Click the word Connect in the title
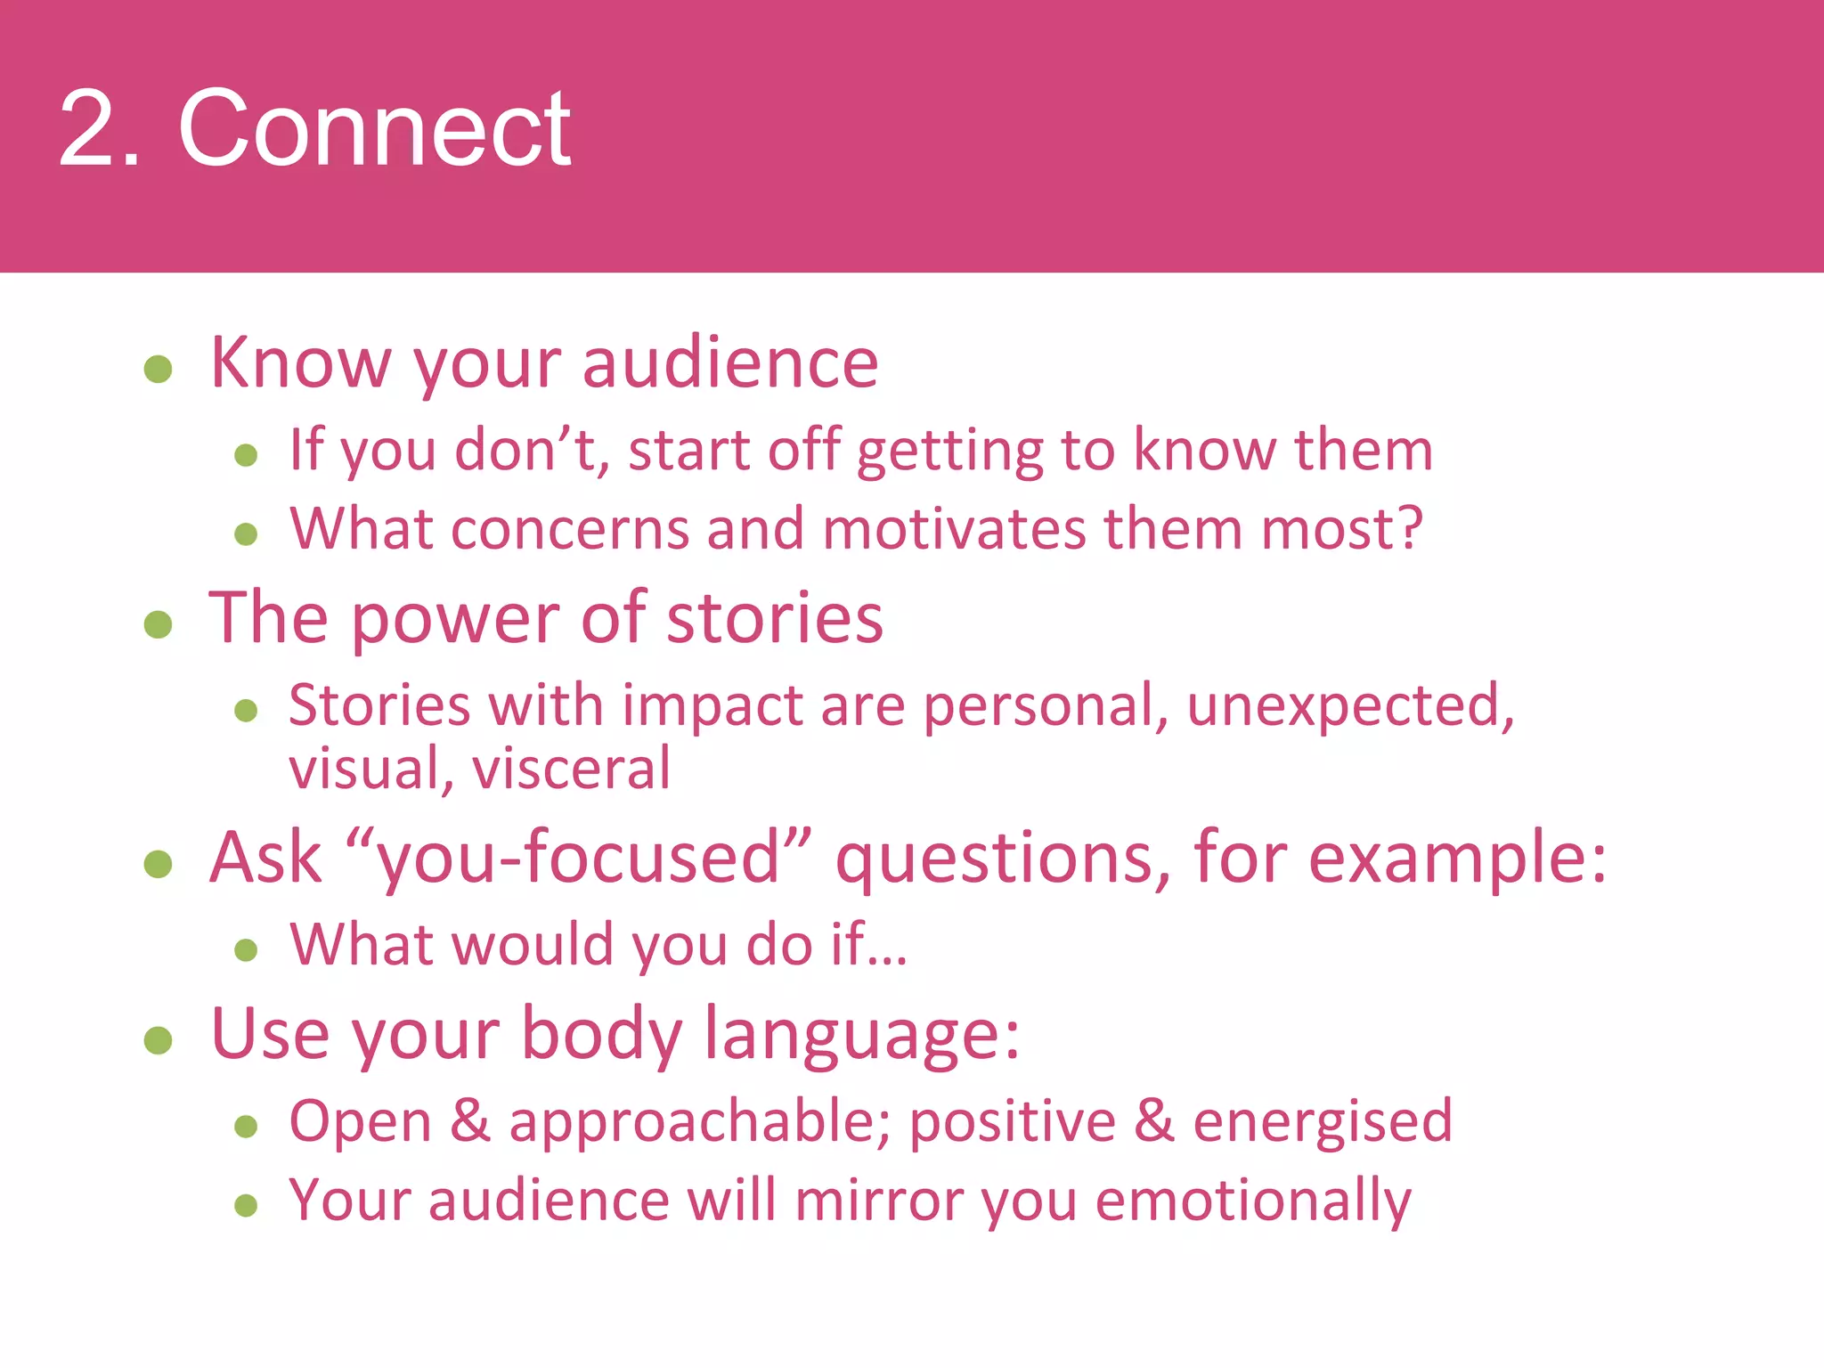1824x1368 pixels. (x=374, y=129)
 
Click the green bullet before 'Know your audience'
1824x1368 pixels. (x=158, y=369)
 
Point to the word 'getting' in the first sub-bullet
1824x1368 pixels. (x=949, y=451)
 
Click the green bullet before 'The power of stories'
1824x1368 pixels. (x=158, y=623)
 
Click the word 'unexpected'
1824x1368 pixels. (x=1349, y=705)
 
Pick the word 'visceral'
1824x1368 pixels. (x=571, y=769)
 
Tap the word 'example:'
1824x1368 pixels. (x=1457, y=859)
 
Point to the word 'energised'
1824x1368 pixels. (x=1322, y=1122)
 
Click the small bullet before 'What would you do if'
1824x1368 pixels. (x=246, y=949)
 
